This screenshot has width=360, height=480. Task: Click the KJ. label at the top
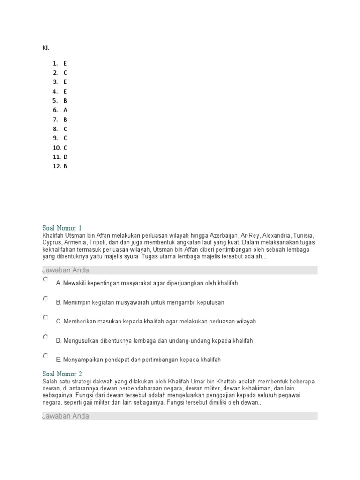point(45,48)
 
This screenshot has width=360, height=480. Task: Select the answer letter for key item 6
point(65,110)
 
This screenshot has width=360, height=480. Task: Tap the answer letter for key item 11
point(66,157)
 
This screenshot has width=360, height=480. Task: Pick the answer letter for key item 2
point(66,73)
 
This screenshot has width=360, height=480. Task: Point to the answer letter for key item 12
point(66,166)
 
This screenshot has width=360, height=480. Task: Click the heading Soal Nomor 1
point(62,228)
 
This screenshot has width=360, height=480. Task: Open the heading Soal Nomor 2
point(62,374)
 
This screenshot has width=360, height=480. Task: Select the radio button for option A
point(45,279)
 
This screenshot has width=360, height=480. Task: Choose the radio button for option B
point(45,299)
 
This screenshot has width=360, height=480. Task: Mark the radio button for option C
point(45,318)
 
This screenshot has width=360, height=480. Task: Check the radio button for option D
point(45,337)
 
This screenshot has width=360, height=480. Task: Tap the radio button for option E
point(45,356)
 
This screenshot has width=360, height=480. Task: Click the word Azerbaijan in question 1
point(223,235)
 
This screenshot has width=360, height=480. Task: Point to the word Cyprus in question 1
point(52,243)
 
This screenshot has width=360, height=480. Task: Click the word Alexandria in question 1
point(277,235)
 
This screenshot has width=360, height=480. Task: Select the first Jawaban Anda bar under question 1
point(180,270)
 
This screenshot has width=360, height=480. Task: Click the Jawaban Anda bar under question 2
point(180,416)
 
